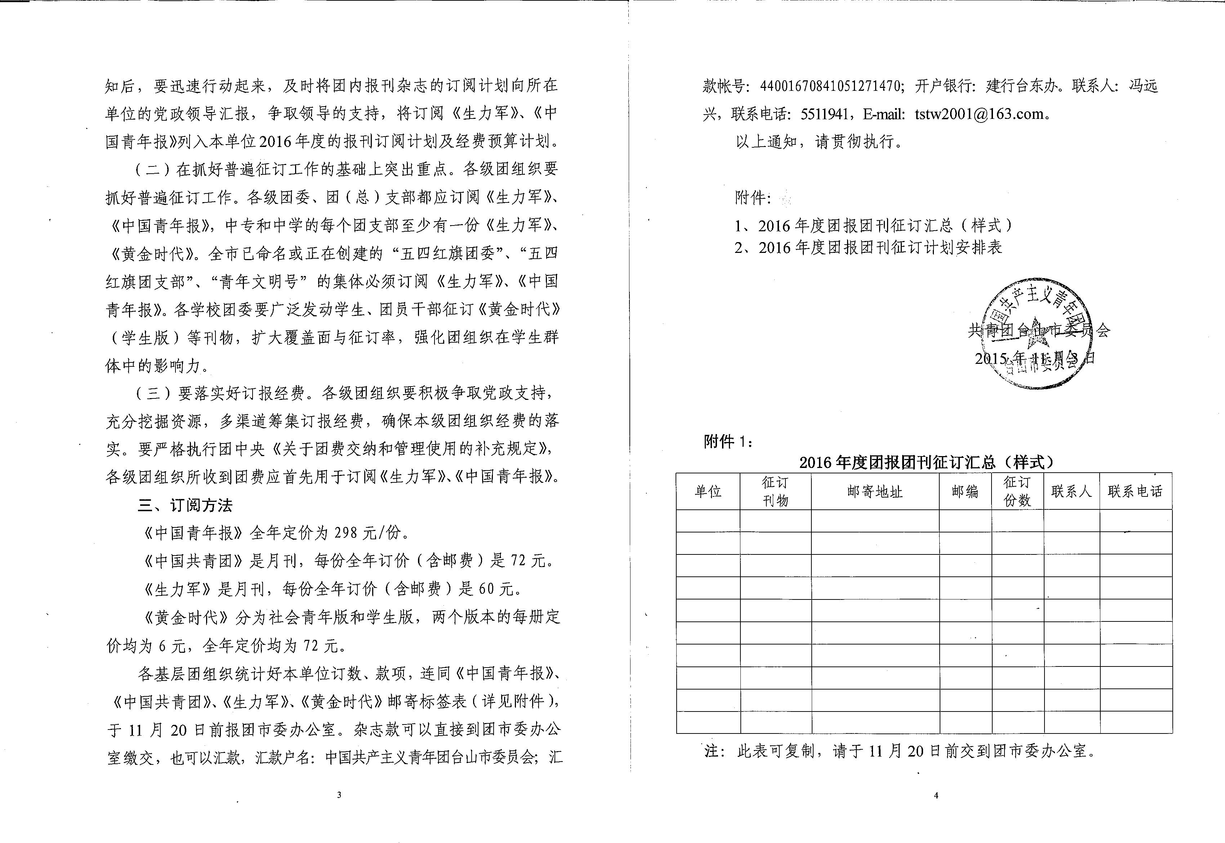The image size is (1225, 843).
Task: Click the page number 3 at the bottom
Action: [339, 795]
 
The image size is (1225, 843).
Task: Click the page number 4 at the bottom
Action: [936, 795]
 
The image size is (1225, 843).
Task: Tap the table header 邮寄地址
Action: [875, 492]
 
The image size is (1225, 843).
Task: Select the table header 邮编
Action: [965, 492]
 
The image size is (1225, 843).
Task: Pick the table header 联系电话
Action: [1135, 492]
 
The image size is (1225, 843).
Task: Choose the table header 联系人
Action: [1071, 492]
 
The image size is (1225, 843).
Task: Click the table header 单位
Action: [708, 492]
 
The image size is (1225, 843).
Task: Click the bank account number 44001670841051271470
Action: [831, 86]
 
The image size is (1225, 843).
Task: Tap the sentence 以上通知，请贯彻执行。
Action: [819, 142]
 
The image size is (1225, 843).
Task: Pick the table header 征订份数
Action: [1017, 492]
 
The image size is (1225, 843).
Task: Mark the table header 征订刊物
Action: [775, 492]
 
